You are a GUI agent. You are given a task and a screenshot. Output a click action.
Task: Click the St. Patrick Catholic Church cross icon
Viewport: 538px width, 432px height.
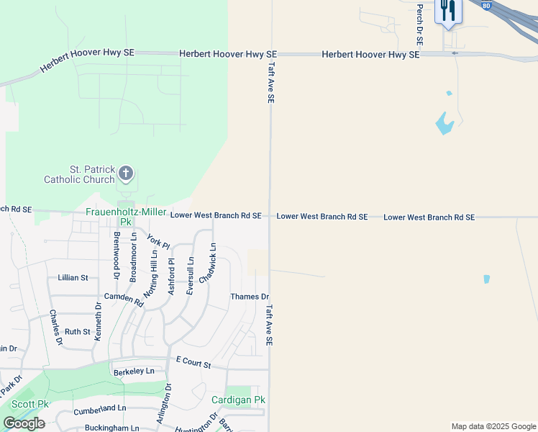coord(126,172)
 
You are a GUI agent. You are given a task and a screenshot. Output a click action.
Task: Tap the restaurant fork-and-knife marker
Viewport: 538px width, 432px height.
coord(448,11)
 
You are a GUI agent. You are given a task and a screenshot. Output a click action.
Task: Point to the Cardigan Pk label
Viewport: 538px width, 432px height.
coord(239,400)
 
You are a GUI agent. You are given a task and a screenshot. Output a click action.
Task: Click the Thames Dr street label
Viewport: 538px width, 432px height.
coord(250,297)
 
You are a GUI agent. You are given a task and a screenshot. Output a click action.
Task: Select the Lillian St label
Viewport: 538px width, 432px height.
coord(73,277)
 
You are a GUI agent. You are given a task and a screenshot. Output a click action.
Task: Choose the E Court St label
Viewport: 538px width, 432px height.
coord(193,364)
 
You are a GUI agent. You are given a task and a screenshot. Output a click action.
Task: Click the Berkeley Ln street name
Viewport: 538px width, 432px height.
coord(134,372)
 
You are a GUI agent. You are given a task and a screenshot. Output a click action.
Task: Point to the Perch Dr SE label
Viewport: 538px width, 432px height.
coord(419,22)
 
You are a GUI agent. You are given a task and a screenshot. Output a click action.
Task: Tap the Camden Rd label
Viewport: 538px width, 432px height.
coord(119,297)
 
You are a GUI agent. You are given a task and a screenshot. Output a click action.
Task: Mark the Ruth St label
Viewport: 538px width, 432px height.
coord(78,332)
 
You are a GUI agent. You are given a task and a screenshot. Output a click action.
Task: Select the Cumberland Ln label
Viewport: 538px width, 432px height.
coord(100,408)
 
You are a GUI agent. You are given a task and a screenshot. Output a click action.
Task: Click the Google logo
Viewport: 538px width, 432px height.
coord(24,423)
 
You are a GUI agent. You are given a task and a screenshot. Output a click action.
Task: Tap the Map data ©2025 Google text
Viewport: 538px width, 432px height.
coord(493,426)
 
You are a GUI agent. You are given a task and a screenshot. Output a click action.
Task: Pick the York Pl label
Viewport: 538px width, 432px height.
coord(158,241)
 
